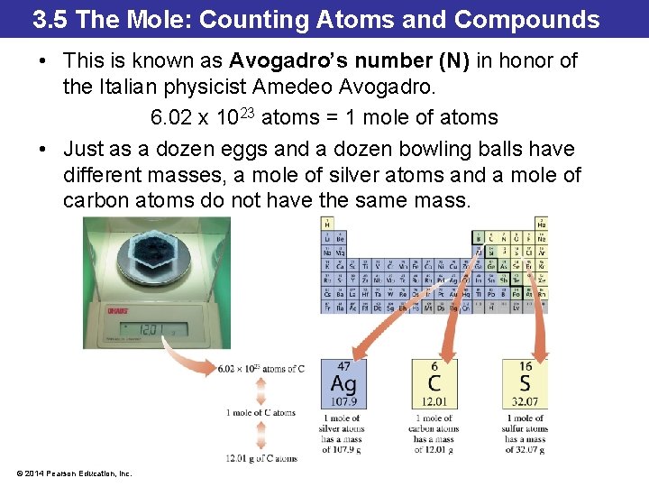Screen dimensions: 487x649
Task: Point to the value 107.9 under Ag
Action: [x=343, y=400]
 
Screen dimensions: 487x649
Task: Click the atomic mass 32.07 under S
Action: [x=525, y=400]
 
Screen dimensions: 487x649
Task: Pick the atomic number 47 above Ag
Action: [x=343, y=366]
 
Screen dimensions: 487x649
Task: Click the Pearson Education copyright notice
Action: [x=74, y=473]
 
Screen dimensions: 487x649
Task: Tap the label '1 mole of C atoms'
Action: [x=261, y=413]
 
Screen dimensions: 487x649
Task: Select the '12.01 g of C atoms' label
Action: [x=261, y=458]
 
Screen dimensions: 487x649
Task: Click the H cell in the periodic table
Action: [x=326, y=223]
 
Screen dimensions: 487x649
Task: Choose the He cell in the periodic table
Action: [x=541, y=223]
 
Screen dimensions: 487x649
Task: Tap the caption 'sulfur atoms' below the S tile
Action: [x=526, y=428]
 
